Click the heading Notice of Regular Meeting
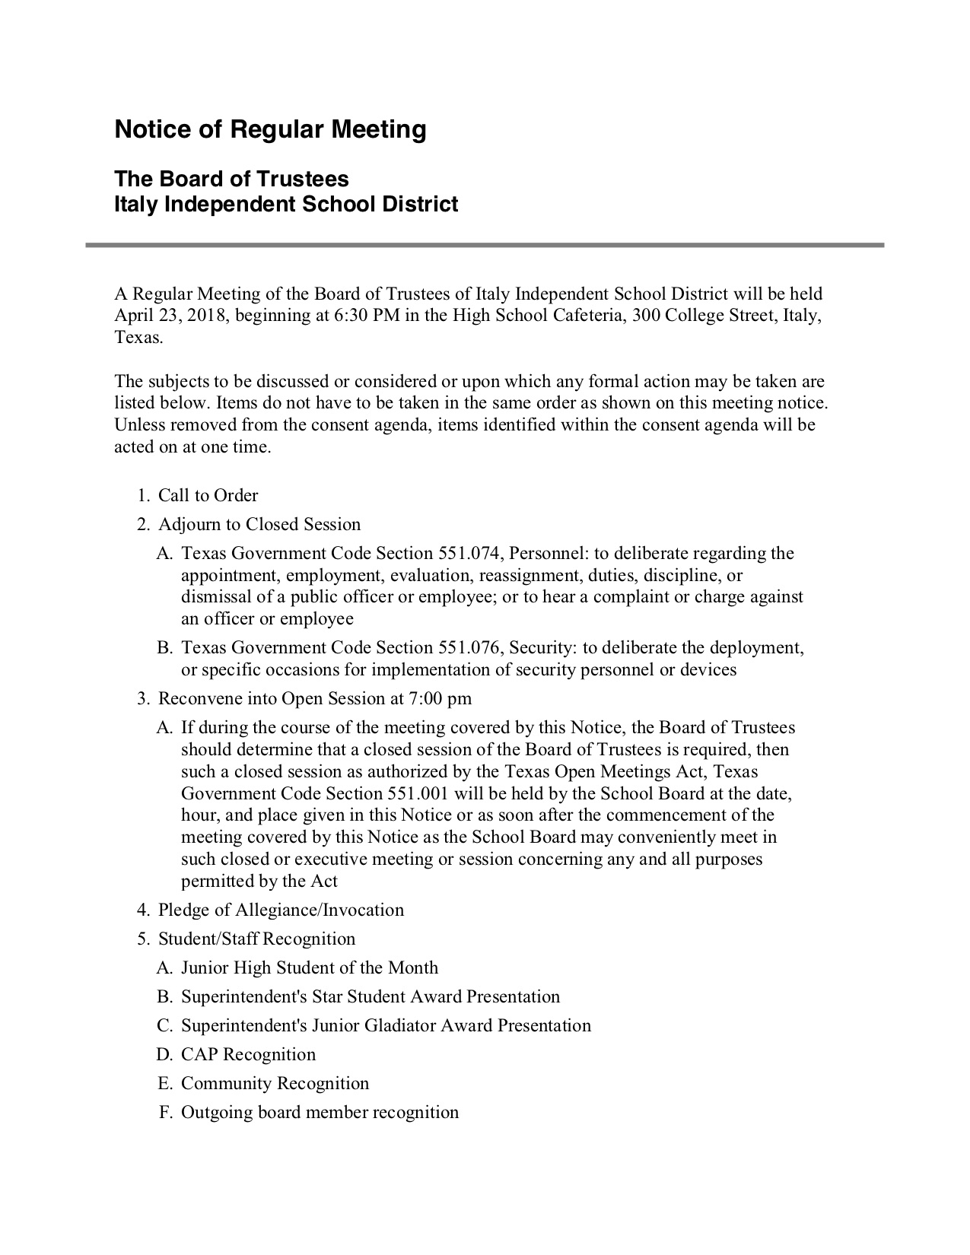pyautogui.click(x=270, y=130)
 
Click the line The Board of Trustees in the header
pyautogui.click(x=231, y=180)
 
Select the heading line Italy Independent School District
pyautogui.click(x=286, y=205)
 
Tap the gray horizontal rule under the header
pyautogui.click(x=485, y=245)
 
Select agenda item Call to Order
pyautogui.click(x=208, y=496)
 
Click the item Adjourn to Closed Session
pyautogui.click(x=259, y=525)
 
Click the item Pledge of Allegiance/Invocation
pyautogui.click(x=281, y=910)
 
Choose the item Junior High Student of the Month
pyautogui.click(x=310, y=968)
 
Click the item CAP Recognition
pyautogui.click(x=248, y=1055)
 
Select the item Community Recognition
pyautogui.click(x=275, y=1084)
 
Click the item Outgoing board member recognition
pyautogui.click(x=320, y=1113)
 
